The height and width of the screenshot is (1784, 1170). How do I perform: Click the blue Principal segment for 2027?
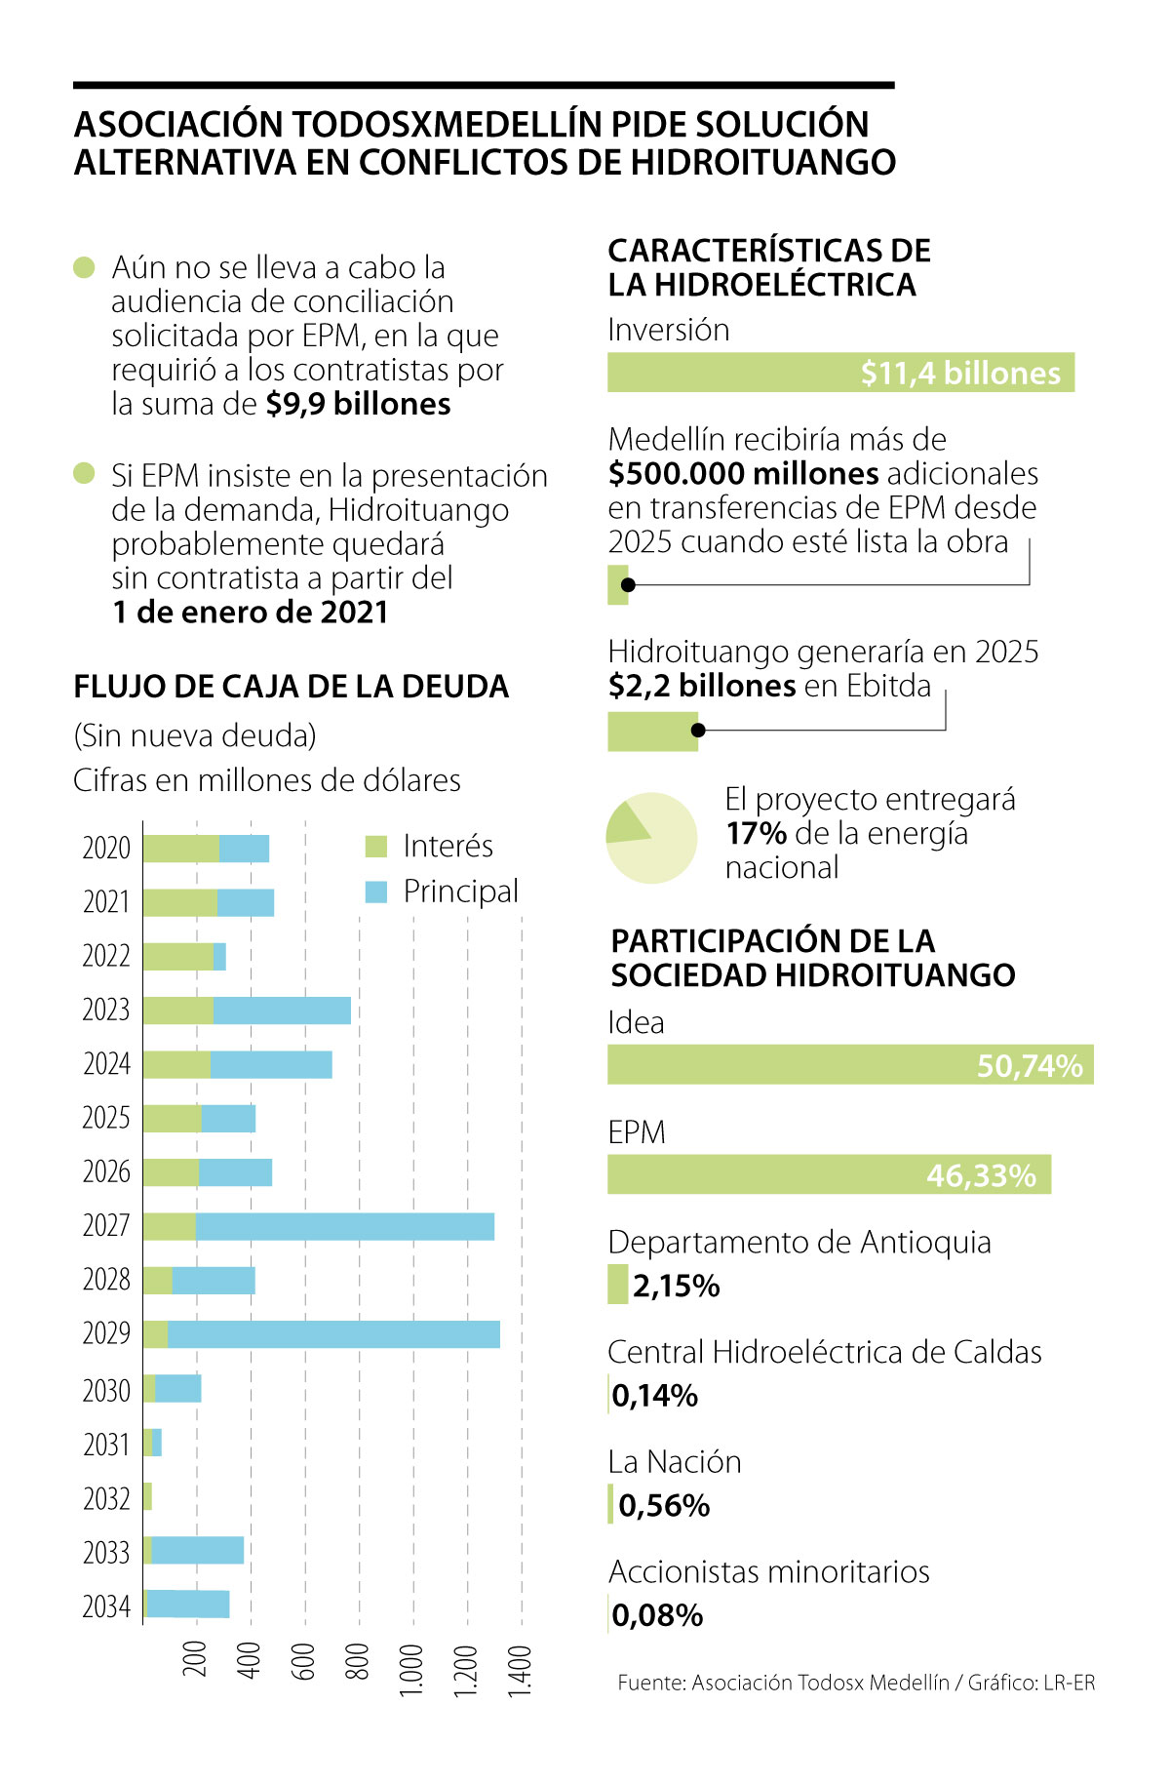coord(344,1226)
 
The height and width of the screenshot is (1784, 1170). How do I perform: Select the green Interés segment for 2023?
coord(178,1011)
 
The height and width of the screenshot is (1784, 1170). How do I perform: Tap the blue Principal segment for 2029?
coord(333,1334)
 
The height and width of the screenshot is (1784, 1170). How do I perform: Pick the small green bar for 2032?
coord(147,1496)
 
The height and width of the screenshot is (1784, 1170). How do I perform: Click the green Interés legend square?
coord(376,847)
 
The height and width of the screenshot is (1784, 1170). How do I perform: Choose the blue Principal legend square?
coord(376,892)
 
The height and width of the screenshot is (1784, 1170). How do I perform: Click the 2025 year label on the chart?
coord(106,1118)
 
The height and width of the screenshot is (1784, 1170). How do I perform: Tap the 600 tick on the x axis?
coord(303,1660)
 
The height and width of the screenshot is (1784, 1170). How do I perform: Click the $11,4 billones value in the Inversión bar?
coord(960,374)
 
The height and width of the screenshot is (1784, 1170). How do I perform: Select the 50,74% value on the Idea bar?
coord(1030,1066)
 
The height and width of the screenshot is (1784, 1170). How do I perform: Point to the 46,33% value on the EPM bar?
coord(981,1176)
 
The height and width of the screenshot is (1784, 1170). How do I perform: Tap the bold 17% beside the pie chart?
coord(756,834)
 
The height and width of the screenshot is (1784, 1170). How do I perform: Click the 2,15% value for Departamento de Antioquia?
coord(676,1287)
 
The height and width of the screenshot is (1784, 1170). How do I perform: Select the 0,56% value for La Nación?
coord(664,1506)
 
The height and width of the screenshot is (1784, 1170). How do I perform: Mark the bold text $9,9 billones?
coord(358,405)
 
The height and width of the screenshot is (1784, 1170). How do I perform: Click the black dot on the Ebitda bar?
coord(698,730)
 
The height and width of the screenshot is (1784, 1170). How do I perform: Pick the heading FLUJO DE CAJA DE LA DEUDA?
coord(291,687)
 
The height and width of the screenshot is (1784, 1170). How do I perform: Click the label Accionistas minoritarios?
coord(768,1572)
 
